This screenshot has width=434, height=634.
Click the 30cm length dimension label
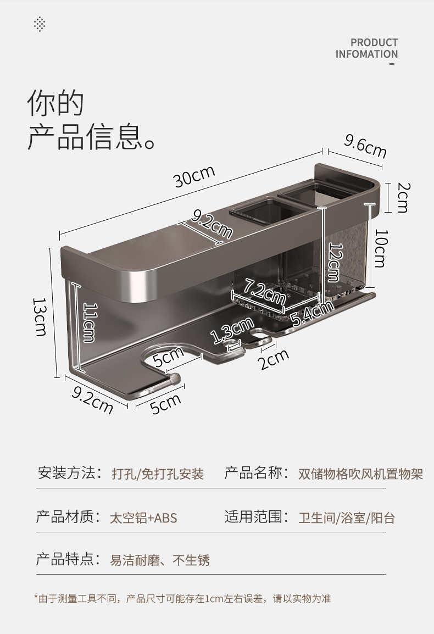pyautogui.click(x=194, y=176)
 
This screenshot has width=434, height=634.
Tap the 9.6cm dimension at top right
pyautogui.click(x=365, y=146)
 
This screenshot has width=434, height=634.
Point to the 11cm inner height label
pyautogui.click(x=90, y=322)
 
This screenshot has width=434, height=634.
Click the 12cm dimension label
pyautogui.click(x=333, y=262)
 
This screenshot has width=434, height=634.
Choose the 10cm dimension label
pyautogui.click(x=379, y=248)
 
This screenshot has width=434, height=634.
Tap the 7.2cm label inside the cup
pyautogui.click(x=265, y=291)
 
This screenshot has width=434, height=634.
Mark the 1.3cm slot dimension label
pyautogui.click(x=232, y=331)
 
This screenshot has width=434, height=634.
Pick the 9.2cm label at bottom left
pyautogui.click(x=92, y=399)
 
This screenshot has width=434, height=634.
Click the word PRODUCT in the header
pyautogui.click(x=374, y=42)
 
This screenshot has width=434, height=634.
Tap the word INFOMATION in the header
pyautogui.click(x=366, y=54)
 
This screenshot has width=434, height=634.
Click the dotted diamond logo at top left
pyautogui.click(x=40, y=24)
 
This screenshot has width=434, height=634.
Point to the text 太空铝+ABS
pyautogui.click(x=143, y=518)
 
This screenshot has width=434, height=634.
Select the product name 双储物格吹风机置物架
pyautogui.click(x=360, y=474)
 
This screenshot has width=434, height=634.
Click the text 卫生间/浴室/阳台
pyautogui.click(x=347, y=518)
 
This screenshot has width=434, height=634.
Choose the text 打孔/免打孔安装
pyautogui.click(x=158, y=474)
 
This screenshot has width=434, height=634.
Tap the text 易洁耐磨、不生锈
pyautogui.click(x=160, y=560)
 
